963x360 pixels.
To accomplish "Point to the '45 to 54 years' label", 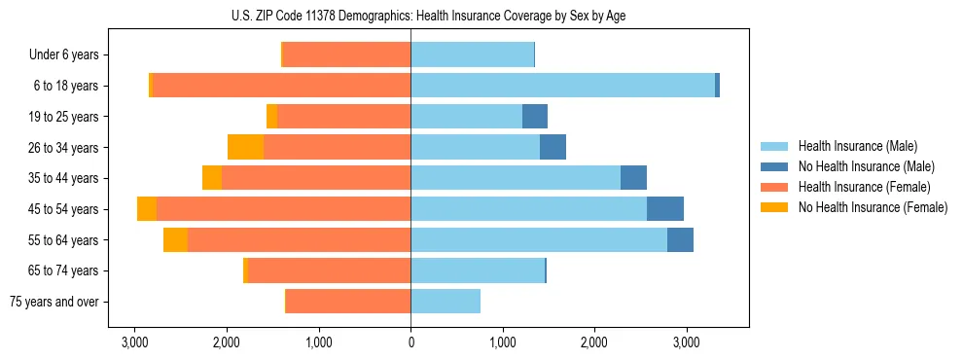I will (64, 209).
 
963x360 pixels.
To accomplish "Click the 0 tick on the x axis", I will (410, 342).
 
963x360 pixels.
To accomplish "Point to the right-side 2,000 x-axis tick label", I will (594, 342).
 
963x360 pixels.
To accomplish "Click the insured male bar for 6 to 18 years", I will (562, 86).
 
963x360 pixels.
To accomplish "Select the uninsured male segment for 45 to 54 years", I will (665, 209).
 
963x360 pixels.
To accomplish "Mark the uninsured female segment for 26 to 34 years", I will (245, 147).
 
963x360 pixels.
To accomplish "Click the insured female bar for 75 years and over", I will (348, 302).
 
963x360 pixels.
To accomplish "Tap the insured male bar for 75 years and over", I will (446, 302).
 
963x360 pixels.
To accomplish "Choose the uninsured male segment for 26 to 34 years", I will (553, 147).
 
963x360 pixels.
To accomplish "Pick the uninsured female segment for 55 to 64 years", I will (175, 240).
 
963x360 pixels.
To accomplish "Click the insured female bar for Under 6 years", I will (346, 54).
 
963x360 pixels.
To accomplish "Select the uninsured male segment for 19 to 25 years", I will (535, 117).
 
